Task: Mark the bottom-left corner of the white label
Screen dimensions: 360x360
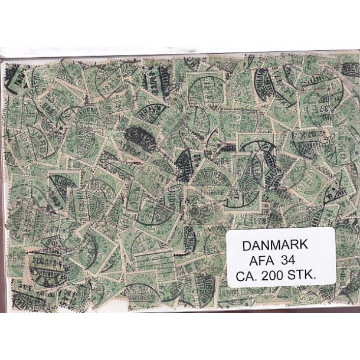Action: pos(228,287)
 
